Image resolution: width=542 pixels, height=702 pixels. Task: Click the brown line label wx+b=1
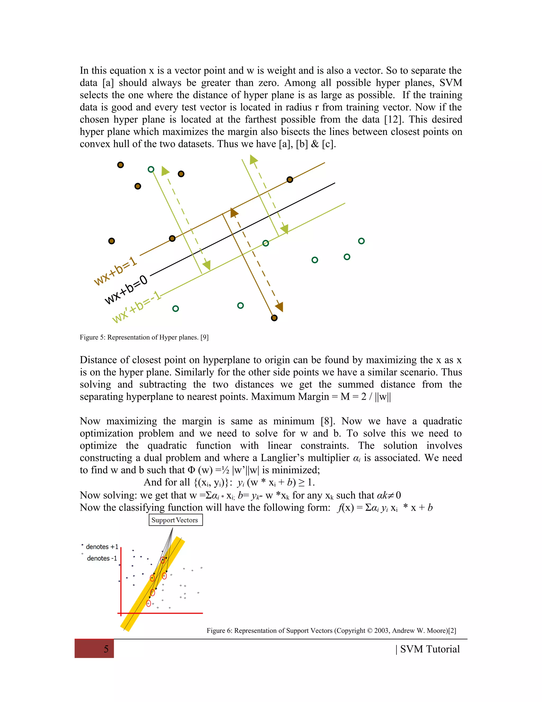[x=115, y=271]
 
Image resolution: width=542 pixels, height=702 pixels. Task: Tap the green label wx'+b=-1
[x=136, y=307]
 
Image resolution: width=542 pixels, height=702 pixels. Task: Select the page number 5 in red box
[x=106, y=649]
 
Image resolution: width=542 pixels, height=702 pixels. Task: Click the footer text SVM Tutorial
[x=430, y=649]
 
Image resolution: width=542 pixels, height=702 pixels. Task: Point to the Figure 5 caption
[x=144, y=337]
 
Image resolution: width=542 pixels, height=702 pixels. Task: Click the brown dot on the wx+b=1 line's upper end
[x=290, y=180]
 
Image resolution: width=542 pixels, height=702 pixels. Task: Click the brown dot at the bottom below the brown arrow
[x=274, y=318]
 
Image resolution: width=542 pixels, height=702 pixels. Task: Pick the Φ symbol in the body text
[x=191, y=470]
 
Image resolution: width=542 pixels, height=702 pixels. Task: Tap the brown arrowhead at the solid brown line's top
[x=233, y=212]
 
